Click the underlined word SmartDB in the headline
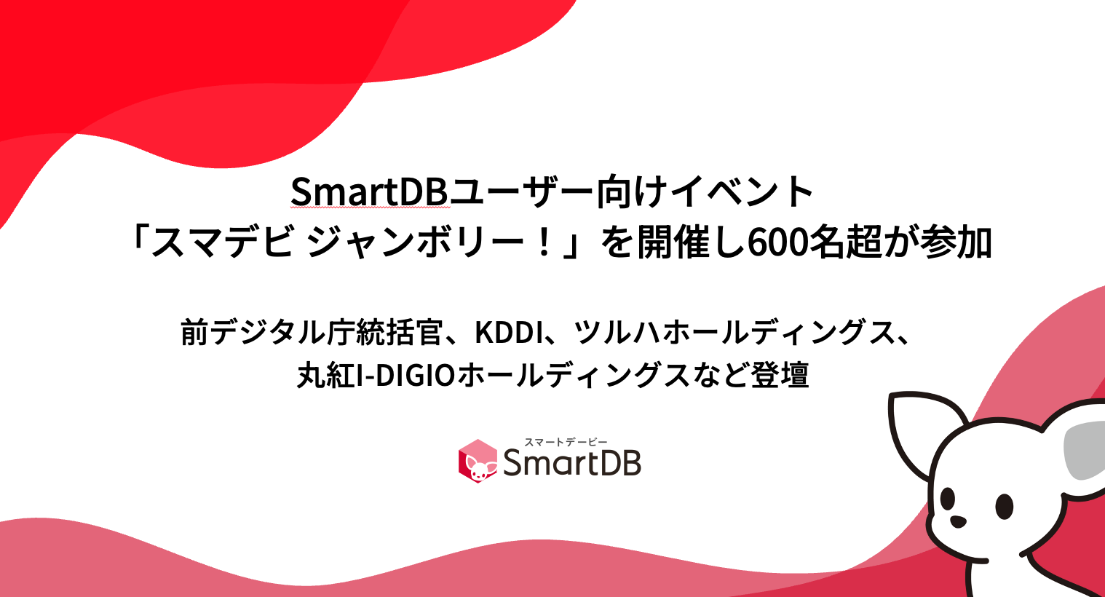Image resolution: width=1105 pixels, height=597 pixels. coord(368,192)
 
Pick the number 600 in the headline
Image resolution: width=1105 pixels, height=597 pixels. coord(778,243)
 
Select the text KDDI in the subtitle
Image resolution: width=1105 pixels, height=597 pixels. coord(509,333)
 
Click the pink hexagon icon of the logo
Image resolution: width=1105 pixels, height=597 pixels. coord(478,461)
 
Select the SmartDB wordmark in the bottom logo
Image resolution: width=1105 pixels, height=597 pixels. coord(572,464)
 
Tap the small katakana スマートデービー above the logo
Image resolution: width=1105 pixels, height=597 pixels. coord(566,442)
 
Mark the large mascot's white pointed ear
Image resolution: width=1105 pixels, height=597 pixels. coord(921,430)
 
